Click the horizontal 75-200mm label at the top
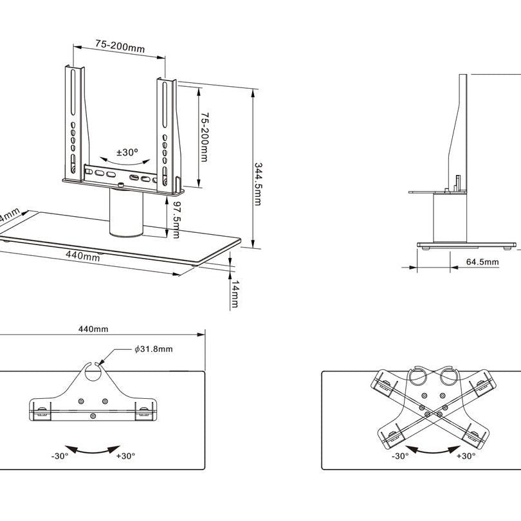pos(119,46)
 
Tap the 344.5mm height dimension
pos(258,184)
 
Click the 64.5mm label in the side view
pos(482,262)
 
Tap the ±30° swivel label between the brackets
pos(127,153)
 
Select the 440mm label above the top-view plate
pos(93,329)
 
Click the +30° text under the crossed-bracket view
pos(466,456)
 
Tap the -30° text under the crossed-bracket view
pos(399,456)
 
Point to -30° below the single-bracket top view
pos(60,456)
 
